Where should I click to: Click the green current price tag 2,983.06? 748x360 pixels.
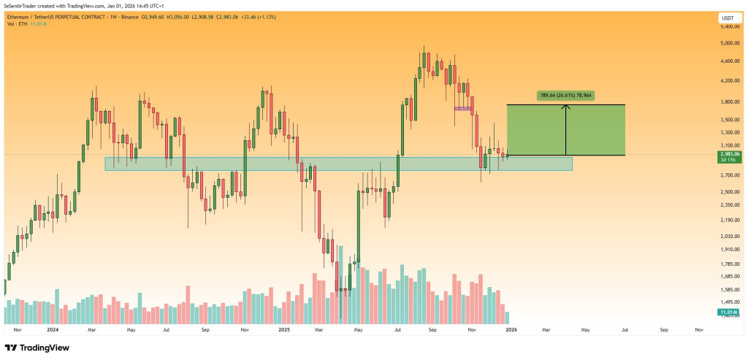(x=728, y=154)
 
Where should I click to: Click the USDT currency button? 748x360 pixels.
(x=728, y=18)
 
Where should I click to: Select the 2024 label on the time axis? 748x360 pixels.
(x=53, y=330)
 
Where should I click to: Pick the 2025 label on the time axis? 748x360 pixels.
(x=285, y=330)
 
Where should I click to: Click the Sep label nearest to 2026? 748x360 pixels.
(x=663, y=330)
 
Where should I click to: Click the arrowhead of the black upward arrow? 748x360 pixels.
(x=566, y=107)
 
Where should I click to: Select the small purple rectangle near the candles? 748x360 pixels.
(x=462, y=109)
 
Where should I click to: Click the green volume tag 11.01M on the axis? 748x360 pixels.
(x=728, y=313)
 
